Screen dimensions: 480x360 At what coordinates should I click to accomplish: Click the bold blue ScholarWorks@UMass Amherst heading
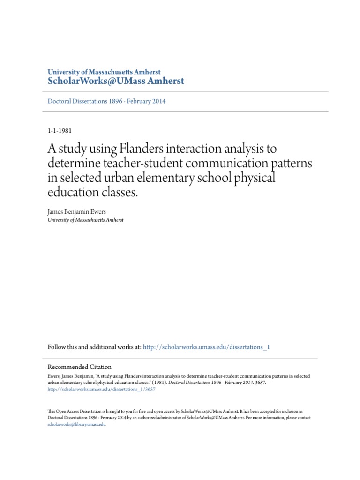point(116,82)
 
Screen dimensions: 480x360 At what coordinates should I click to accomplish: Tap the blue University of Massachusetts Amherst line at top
point(104,72)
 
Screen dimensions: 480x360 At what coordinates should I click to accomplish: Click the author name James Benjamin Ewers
point(77,212)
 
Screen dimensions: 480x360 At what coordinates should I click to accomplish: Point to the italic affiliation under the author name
point(86,220)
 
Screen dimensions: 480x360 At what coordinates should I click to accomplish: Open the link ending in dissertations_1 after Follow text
point(206,347)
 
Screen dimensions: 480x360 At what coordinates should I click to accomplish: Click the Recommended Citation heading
point(80,367)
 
